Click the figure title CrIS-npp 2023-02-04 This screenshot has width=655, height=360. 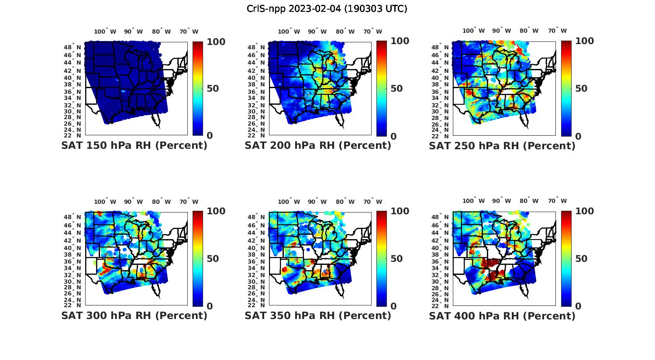[x=327, y=9]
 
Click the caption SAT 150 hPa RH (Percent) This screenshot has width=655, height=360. [x=134, y=145]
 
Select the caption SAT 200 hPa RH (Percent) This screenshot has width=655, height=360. [x=318, y=145]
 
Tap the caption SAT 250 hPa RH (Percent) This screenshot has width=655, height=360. [x=502, y=145]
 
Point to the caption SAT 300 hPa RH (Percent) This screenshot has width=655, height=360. [x=134, y=315]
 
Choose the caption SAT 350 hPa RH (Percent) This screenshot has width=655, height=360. [x=318, y=315]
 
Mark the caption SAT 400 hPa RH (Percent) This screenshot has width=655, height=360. [x=502, y=315]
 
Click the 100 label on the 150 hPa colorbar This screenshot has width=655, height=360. [x=216, y=41]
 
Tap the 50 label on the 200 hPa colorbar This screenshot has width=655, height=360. [x=396, y=89]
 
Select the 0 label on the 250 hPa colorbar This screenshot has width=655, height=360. [x=578, y=136]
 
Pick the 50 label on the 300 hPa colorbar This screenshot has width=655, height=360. [x=212, y=259]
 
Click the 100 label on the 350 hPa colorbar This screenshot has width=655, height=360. [x=400, y=211]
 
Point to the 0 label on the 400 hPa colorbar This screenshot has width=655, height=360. [x=578, y=306]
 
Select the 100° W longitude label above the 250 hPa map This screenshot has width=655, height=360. [x=473, y=31]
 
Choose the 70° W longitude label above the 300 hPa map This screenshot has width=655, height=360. [x=189, y=202]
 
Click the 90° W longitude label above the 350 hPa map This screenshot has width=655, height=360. [x=317, y=202]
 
